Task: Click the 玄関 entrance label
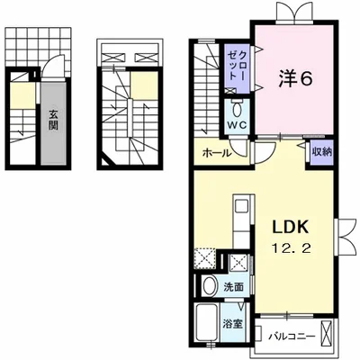point(53,120)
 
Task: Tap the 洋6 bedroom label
point(296,79)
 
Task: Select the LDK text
point(290,228)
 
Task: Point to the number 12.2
point(291,248)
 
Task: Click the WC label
point(237,125)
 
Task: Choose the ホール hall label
point(217,153)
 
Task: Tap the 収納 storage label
point(322,152)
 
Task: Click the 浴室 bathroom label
point(232,324)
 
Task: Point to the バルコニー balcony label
point(292,336)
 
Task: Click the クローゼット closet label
point(237,66)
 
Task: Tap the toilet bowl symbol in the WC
point(237,111)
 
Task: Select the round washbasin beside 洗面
point(210,285)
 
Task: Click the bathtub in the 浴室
point(206,322)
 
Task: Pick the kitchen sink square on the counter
point(241,206)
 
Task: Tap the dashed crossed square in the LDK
point(205,258)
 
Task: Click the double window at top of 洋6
point(295,12)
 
